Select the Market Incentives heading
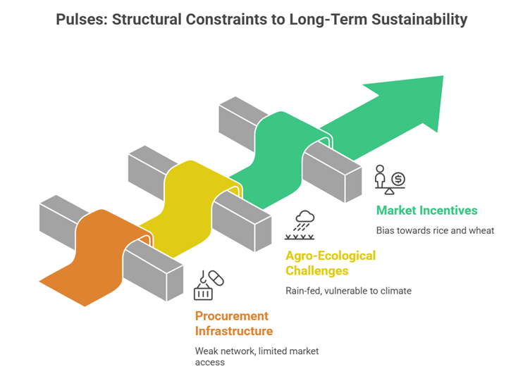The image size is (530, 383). pyautogui.click(x=426, y=210)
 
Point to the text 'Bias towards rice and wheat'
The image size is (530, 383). pyautogui.click(x=436, y=230)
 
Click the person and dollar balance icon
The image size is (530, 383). pyautogui.click(x=389, y=179)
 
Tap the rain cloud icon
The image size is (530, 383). pyautogui.click(x=305, y=225)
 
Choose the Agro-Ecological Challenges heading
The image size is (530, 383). pyautogui.click(x=331, y=263)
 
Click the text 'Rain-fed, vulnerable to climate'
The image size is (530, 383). pyautogui.click(x=348, y=291)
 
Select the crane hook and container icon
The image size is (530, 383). pyautogui.click(x=208, y=284)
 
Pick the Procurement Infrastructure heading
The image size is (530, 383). pyautogui.click(x=233, y=323)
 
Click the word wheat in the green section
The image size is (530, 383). pyautogui.click(x=481, y=230)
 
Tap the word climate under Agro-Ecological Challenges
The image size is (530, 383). pyautogui.click(x=395, y=291)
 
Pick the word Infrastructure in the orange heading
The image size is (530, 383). pyautogui.click(x=233, y=330)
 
